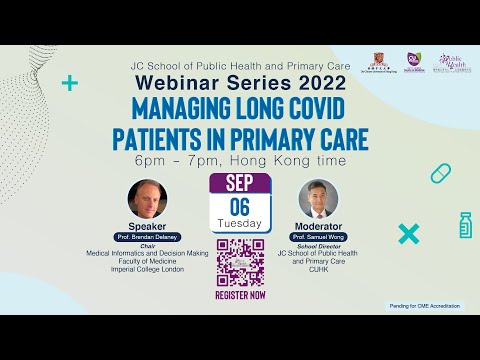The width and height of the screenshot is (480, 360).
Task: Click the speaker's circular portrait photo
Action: [147, 199]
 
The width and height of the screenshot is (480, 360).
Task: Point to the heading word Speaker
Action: [147, 227]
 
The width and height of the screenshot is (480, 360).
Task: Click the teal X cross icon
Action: [407, 235]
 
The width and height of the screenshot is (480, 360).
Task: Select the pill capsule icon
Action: [441, 174]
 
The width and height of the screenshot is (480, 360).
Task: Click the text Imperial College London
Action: [147, 268]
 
